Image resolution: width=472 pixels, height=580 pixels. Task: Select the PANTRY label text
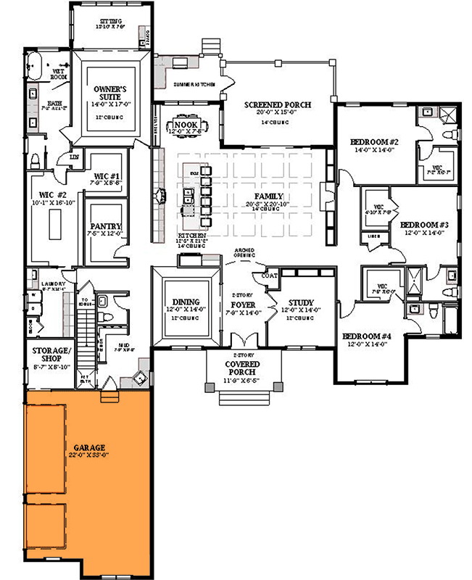(x=106, y=226)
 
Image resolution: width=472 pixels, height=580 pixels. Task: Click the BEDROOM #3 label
(x=425, y=225)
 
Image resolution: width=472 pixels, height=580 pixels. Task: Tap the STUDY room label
(x=300, y=302)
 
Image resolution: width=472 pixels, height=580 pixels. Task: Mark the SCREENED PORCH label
(x=277, y=105)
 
